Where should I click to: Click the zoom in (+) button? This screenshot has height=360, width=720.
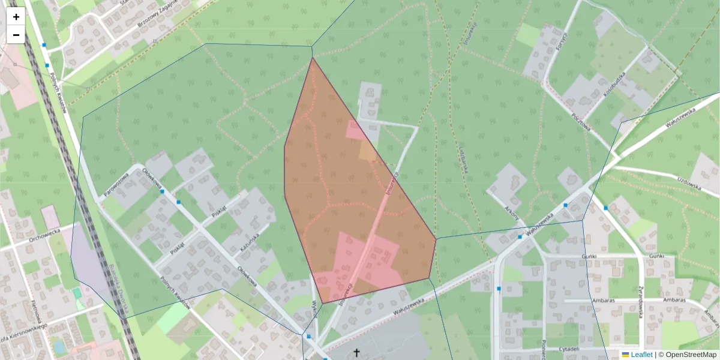16,17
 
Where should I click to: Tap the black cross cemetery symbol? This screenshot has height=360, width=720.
356,352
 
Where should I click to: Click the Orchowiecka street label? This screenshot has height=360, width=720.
46,235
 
